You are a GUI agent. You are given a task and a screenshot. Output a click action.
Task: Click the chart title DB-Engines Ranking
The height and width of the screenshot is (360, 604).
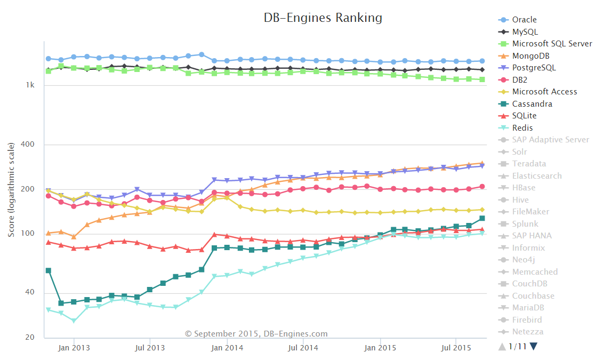click(323, 18)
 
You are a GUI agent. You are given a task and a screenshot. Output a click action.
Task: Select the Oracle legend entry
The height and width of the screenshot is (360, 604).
click(524, 20)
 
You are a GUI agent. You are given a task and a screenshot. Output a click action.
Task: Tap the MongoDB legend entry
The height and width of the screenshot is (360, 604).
click(530, 55)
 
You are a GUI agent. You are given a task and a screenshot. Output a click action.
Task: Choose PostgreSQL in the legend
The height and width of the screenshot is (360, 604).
click(534, 68)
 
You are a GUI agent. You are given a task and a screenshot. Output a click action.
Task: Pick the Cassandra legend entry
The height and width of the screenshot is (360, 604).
click(532, 104)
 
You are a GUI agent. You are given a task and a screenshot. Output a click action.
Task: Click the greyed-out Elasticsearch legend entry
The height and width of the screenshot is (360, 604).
click(537, 176)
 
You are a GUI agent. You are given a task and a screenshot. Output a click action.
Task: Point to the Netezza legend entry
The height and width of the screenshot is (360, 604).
click(528, 332)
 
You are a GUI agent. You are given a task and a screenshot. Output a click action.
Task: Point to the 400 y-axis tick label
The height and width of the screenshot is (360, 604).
click(29, 145)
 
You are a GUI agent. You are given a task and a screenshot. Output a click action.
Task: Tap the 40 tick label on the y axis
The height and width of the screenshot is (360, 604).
click(31, 292)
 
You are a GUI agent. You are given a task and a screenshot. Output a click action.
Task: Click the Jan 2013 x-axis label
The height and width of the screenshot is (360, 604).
click(74, 348)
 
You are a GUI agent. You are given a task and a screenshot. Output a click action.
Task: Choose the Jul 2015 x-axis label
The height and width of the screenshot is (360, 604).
click(455, 348)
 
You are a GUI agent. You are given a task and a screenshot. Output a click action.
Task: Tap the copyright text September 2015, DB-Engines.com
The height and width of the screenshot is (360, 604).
click(256, 334)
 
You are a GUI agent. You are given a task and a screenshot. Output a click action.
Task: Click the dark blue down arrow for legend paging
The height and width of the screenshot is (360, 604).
click(534, 347)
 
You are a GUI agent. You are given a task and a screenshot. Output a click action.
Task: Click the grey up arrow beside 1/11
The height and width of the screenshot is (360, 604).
click(502, 347)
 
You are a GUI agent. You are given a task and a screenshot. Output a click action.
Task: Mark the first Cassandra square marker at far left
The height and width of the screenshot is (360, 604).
click(48, 270)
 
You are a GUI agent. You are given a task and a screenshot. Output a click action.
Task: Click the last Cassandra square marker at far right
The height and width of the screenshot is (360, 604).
click(482, 218)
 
